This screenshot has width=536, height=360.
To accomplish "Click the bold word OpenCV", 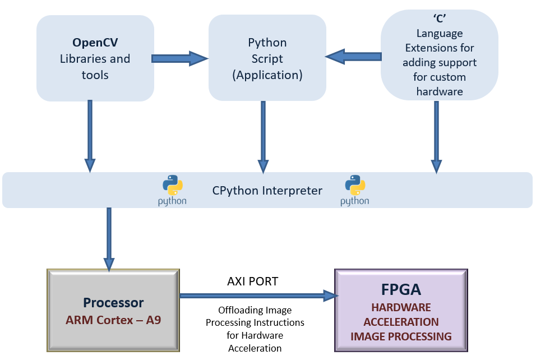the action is [x=95, y=43].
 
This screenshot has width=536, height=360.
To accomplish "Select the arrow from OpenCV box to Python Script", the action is [x=180, y=58].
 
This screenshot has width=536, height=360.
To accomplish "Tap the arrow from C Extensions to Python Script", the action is [x=353, y=57].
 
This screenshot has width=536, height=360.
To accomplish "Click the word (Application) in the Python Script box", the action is [x=267, y=75].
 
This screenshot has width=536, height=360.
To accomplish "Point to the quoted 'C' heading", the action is [x=440, y=18].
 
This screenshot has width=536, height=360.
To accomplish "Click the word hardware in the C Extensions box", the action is [x=440, y=91].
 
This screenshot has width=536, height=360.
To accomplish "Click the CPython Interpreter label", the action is [x=267, y=191].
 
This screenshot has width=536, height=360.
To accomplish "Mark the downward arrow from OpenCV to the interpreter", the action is [x=90, y=136].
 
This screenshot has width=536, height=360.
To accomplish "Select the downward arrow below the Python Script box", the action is [x=263, y=137].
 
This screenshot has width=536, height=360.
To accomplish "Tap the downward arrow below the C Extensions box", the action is [x=437, y=137].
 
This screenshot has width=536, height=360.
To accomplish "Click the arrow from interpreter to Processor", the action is [x=109, y=239].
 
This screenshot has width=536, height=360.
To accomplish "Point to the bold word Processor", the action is [x=113, y=303].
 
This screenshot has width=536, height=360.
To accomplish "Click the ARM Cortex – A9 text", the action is [x=113, y=320].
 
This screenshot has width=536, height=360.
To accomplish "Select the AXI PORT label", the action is [x=253, y=281].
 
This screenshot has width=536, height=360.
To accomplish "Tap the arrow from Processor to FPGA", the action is [x=259, y=296].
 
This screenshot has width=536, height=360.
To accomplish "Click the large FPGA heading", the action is [x=401, y=289].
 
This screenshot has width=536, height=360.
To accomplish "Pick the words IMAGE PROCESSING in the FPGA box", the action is [x=401, y=336].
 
